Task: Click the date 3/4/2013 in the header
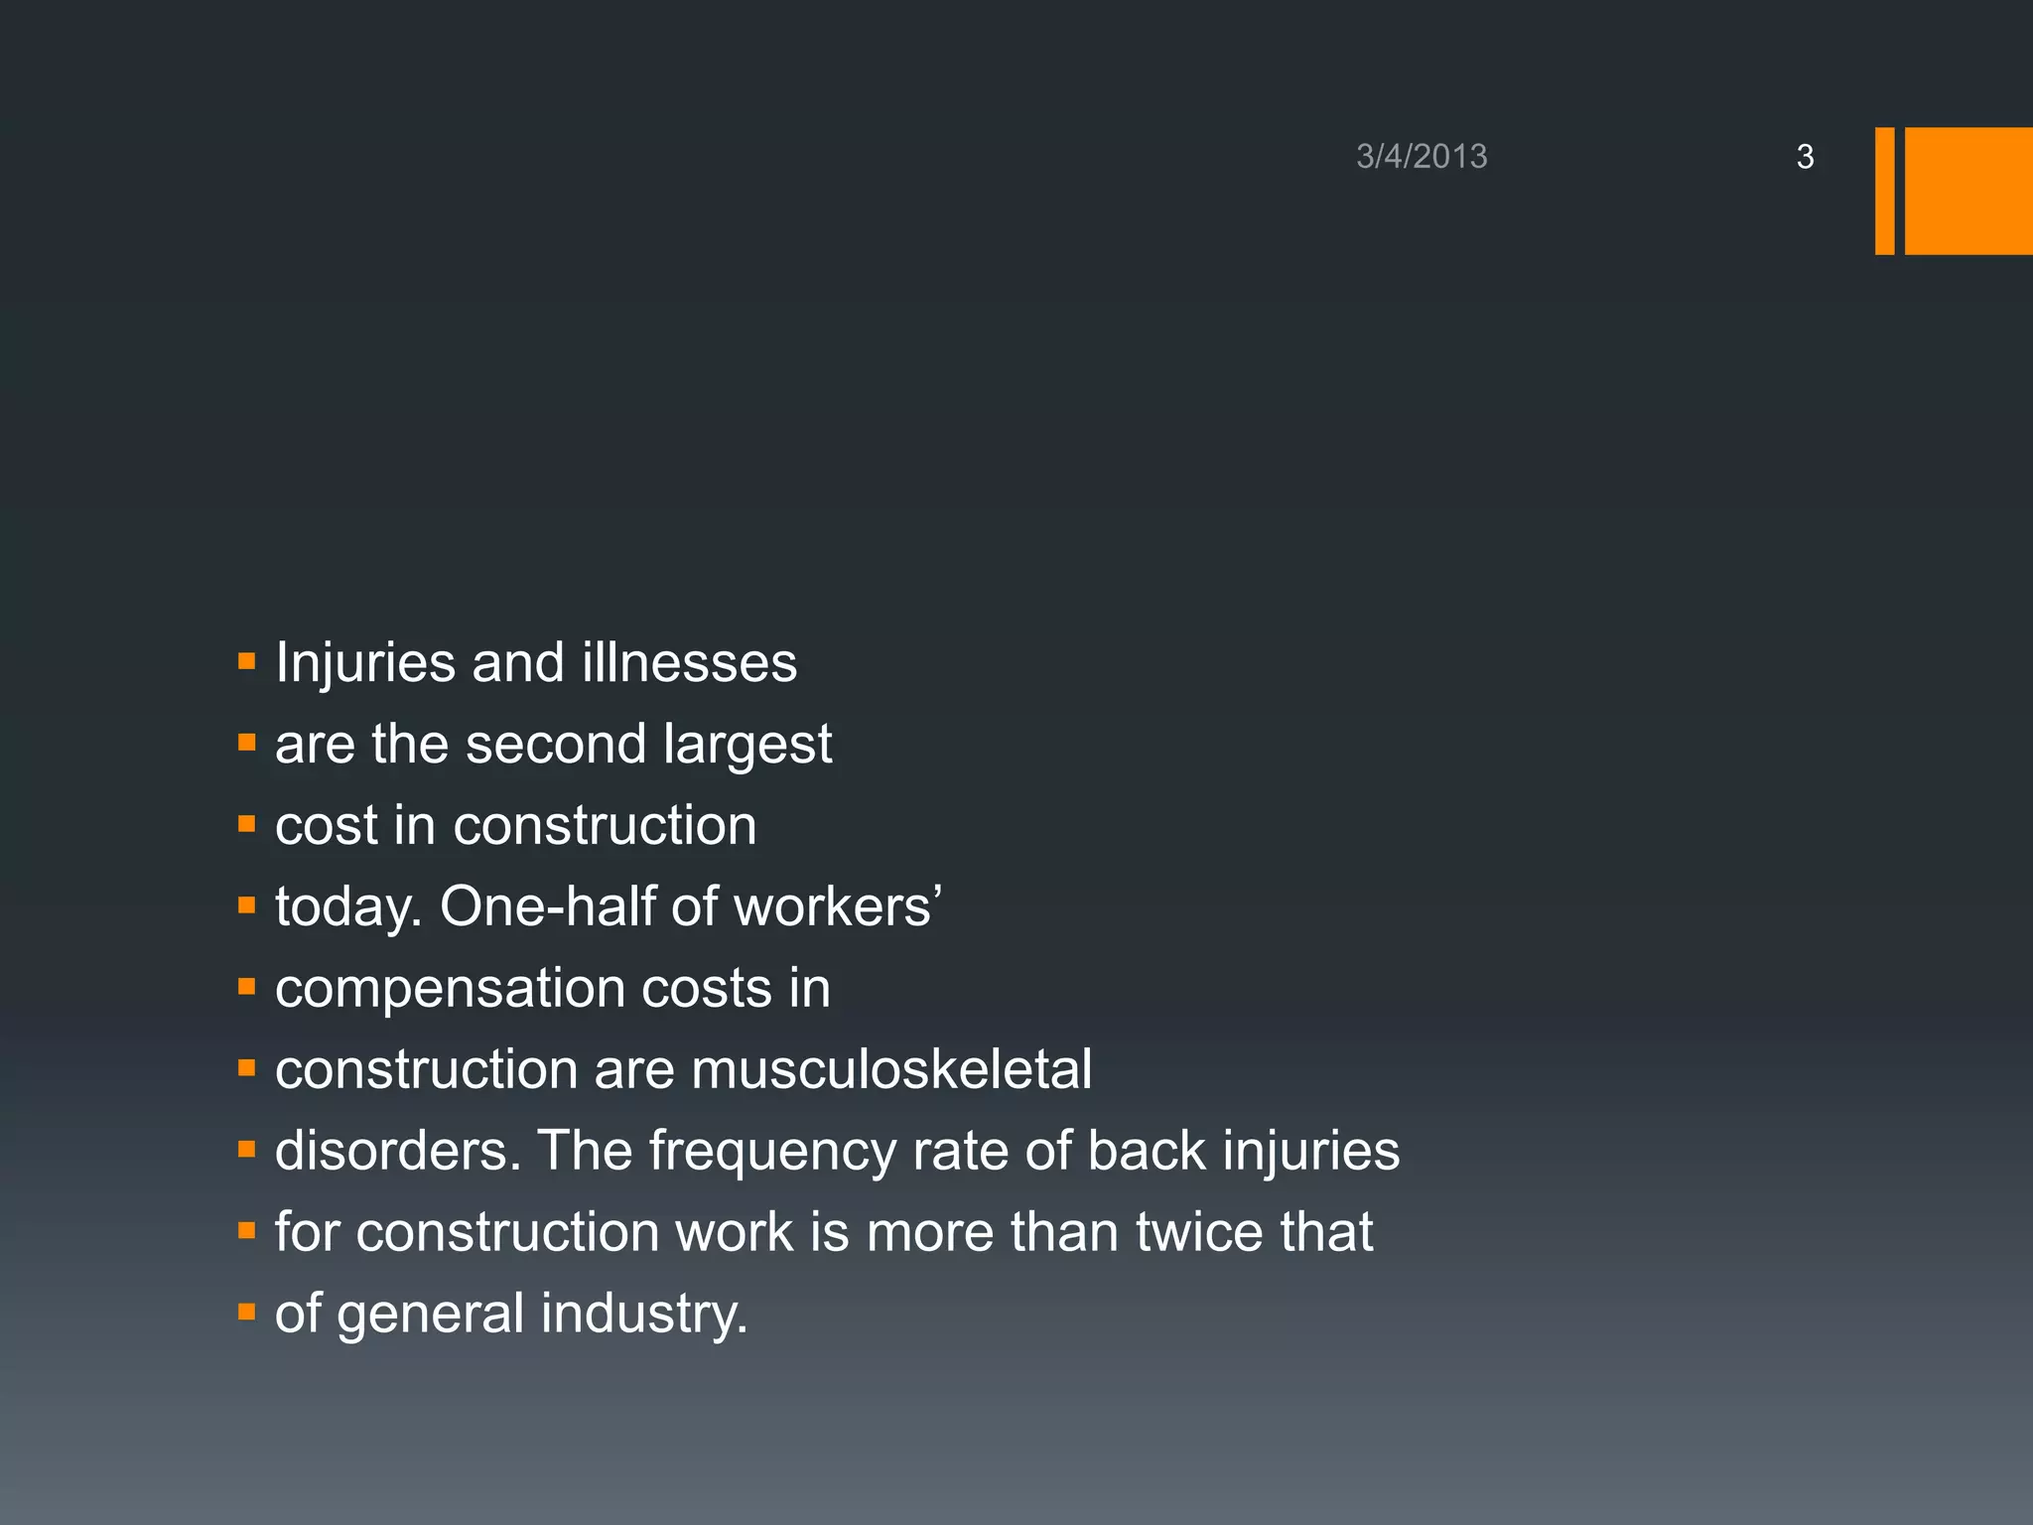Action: (x=1422, y=157)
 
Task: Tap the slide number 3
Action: (x=1805, y=157)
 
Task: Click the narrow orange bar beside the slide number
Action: (x=1884, y=191)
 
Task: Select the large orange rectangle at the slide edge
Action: (x=1968, y=191)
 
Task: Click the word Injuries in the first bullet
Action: (x=364, y=662)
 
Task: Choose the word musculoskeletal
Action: (x=890, y=1069)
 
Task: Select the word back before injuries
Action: (x=1146, y=1151)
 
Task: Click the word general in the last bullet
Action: (x=430, y=1316)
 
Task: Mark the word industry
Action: (x=644, y=1315)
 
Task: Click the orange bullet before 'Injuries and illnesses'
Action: (x=247, y=660)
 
